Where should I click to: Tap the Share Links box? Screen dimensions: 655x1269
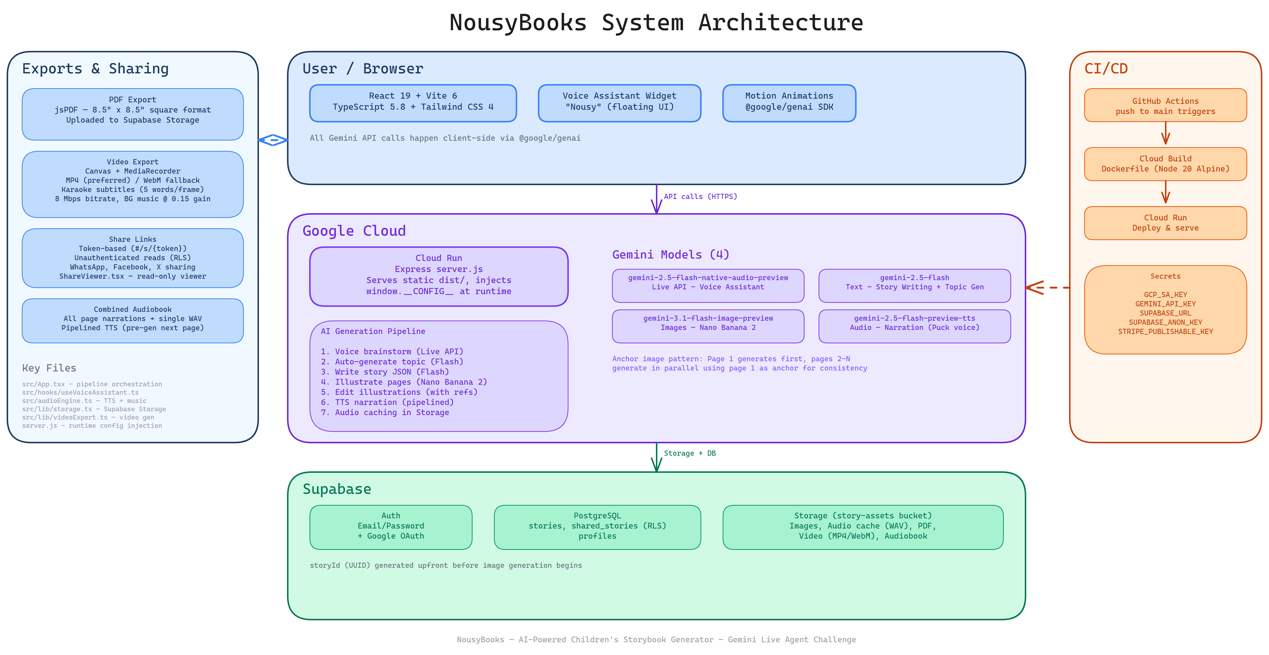tap(132, 258)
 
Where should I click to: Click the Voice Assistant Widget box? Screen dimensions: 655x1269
tap(619, 103)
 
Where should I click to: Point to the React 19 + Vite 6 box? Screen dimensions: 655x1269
tap(413, 103)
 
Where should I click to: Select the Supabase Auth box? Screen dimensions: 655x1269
tap(391, 526)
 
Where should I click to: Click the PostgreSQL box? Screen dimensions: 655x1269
tap(597, 526)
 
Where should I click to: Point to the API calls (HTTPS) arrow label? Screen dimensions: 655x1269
tap(700, 197)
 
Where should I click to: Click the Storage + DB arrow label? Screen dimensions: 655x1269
tap(690, 453)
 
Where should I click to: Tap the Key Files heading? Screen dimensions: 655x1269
tap(49, 368)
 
